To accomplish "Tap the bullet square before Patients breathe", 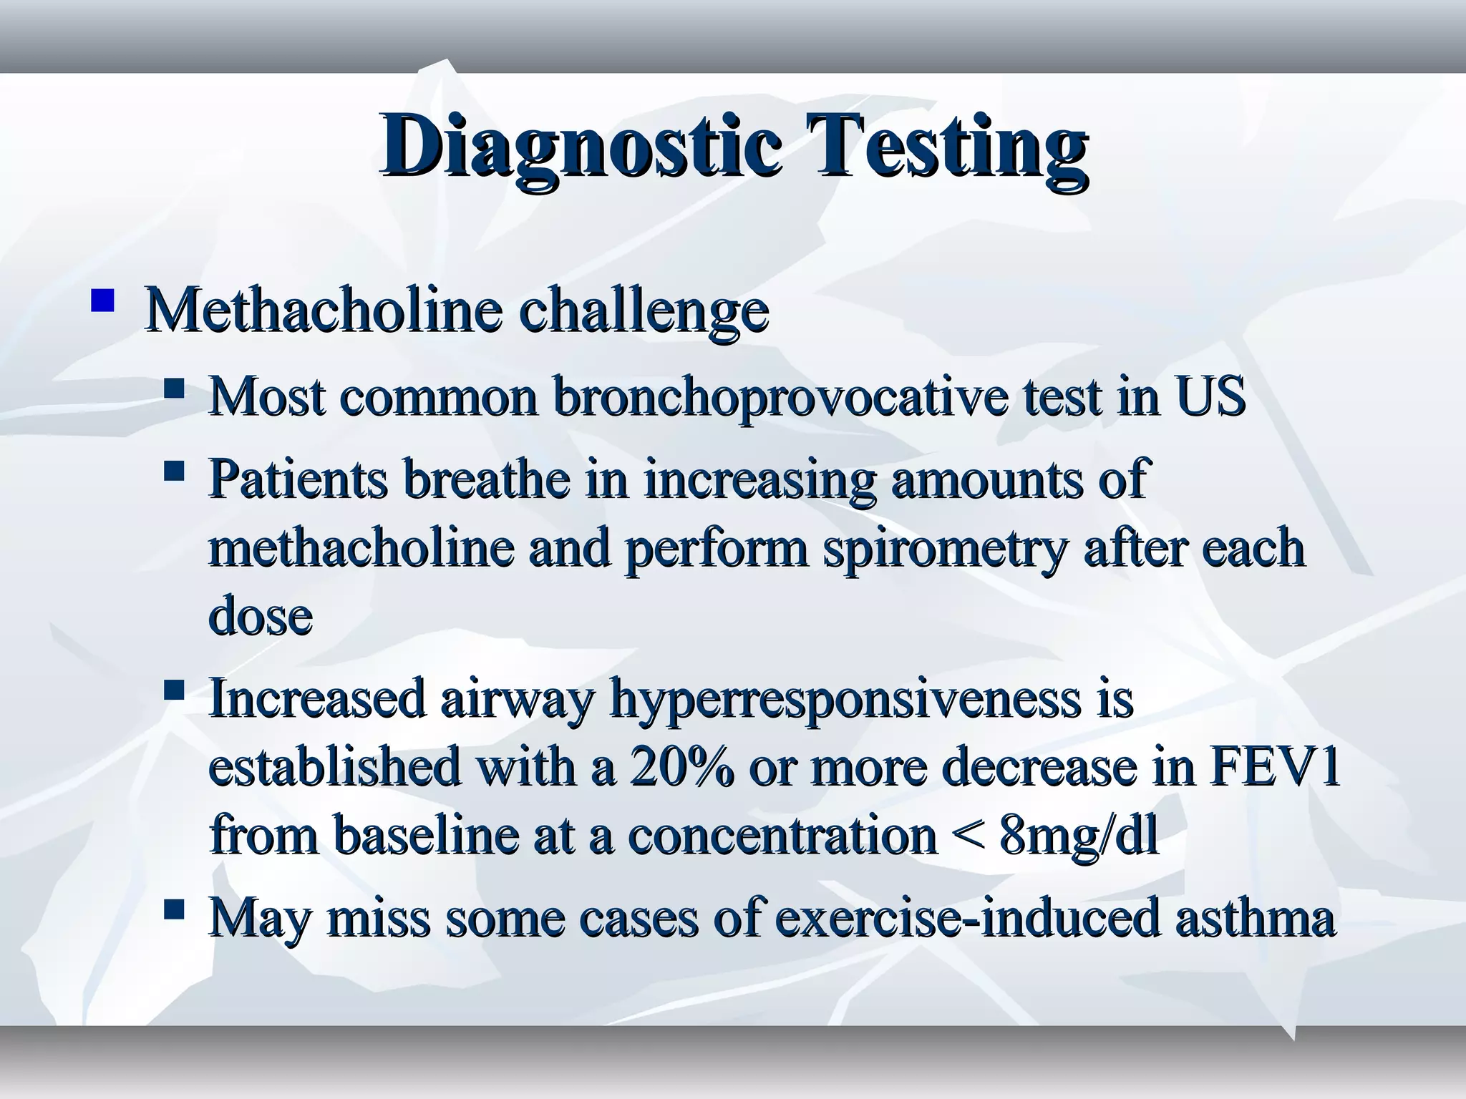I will click(174, 472).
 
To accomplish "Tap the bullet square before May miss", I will click(174, 910).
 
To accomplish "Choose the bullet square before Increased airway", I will click(174, 691).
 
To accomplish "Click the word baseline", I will click(425, 835).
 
